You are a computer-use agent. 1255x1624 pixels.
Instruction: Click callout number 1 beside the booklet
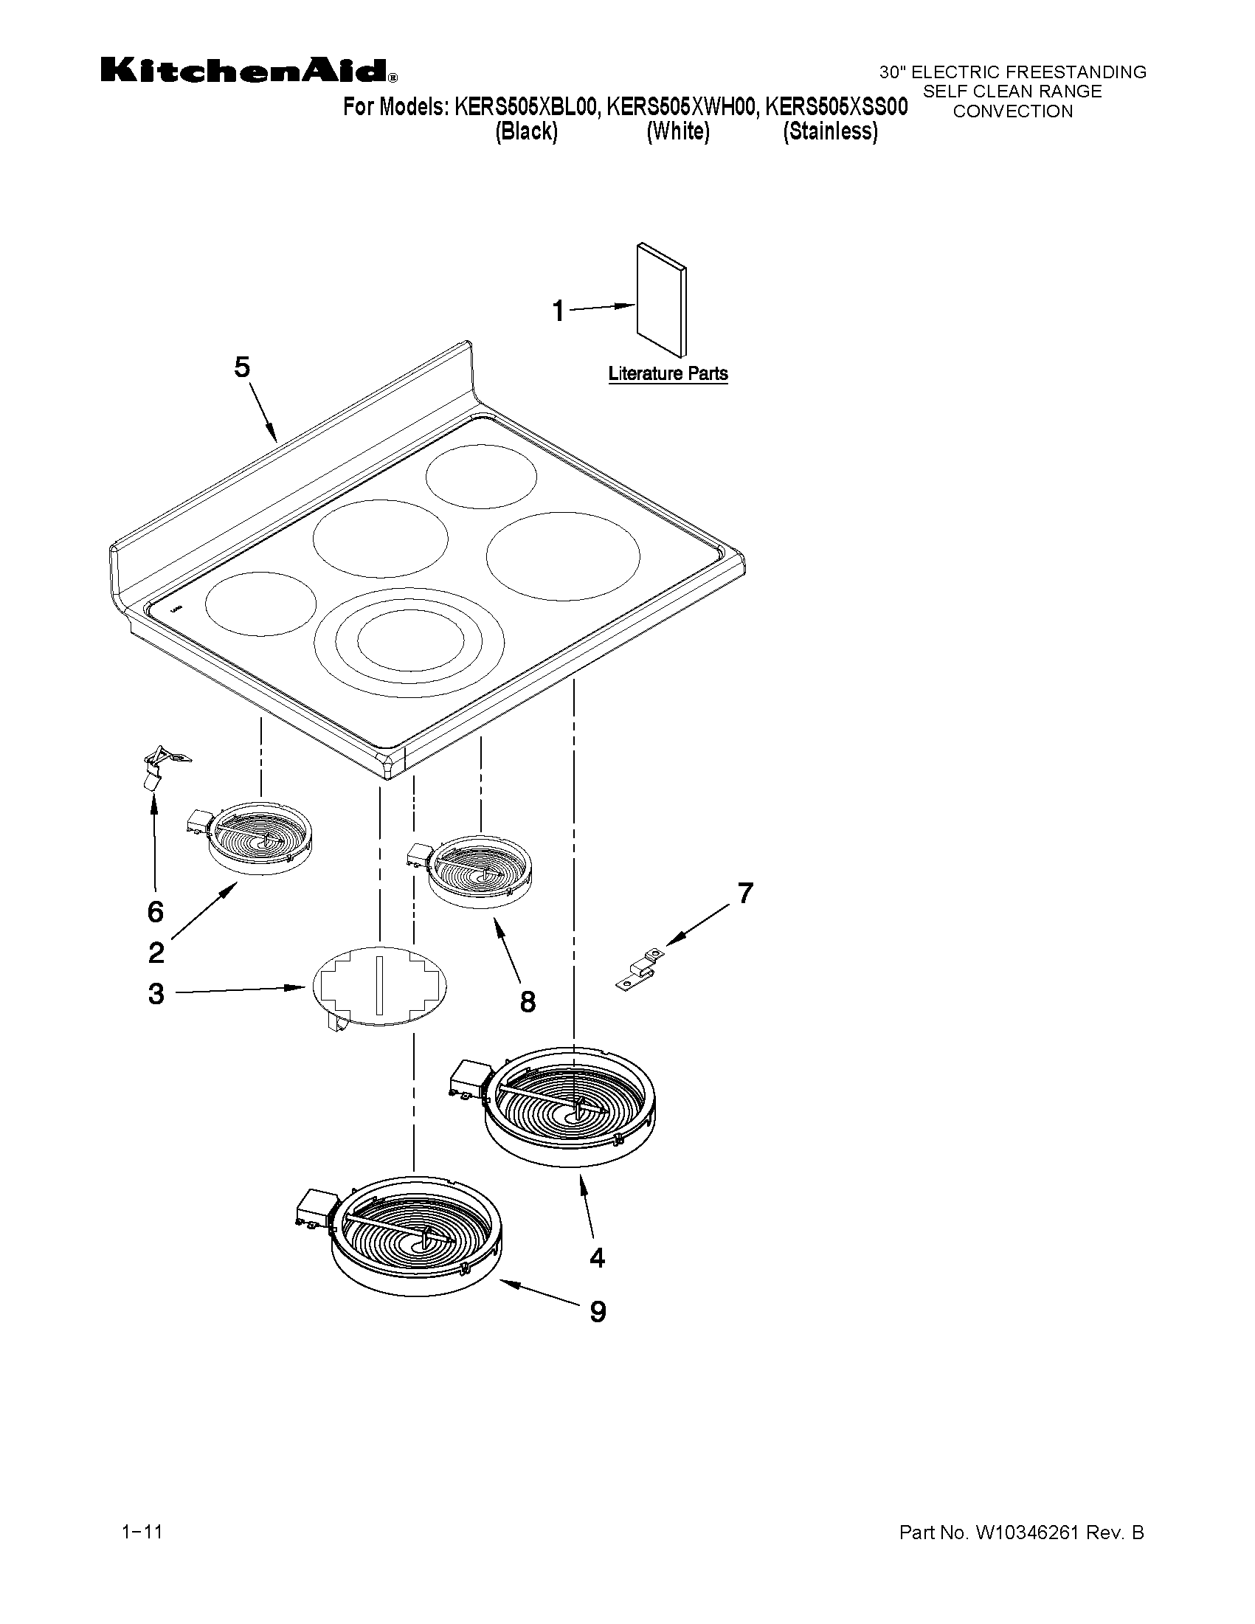[x=559, y=311]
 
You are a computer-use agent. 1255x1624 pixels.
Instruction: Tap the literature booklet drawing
[x=661, y=300]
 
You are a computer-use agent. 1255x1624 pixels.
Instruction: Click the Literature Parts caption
[x=668, y=374]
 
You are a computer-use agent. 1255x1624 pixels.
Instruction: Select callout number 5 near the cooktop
[x=243, y=367]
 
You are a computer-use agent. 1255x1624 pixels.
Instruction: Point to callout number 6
[x=155, y=912]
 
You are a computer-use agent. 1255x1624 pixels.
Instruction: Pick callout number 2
[x=156, y=952]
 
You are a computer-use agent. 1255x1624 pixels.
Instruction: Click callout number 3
[x=156, y=993]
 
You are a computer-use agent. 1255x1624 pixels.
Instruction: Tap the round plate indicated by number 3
[x=380, y=986]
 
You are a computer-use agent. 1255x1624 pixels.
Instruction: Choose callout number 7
[x=745, y=892]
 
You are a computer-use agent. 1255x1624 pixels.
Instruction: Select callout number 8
[x=527, y=1002]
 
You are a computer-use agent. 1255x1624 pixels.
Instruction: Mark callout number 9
[x=598, y=1312]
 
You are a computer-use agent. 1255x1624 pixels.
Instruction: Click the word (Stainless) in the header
[x=831, y=131]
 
